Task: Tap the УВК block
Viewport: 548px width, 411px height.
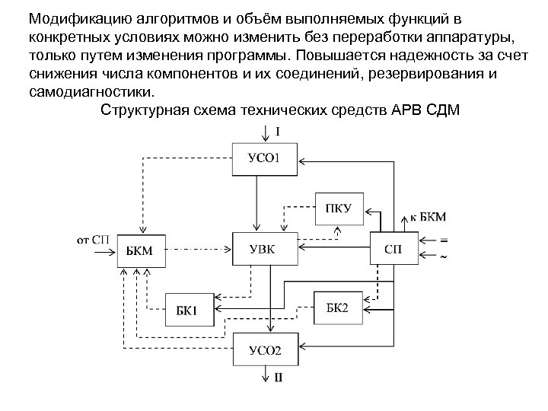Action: tap(266, 248)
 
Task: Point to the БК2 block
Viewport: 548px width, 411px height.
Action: tap(337, 307)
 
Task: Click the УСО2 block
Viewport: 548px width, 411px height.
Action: tap(266, 351)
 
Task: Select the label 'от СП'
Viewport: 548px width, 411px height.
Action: tap(94, 239)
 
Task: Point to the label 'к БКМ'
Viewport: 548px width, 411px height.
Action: tap(429, 217)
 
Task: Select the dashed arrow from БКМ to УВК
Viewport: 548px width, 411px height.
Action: tap(198, 249)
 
